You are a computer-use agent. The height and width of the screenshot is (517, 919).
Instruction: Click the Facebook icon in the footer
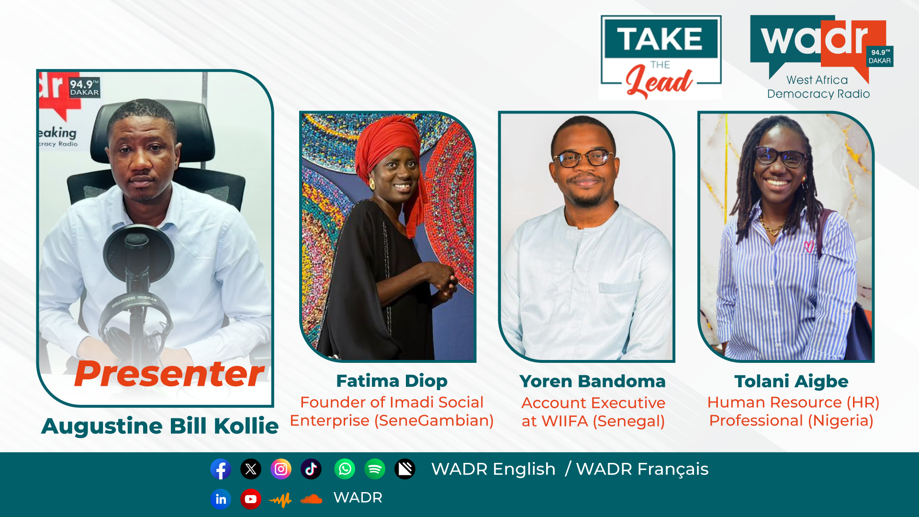click(x=221, y=469)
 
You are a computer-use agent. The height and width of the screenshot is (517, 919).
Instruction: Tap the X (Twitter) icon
click(x=251, y=469)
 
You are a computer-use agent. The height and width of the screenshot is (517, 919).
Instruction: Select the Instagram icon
click(x=281, y=469)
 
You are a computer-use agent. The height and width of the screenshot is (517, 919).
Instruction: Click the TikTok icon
click(x=311, y=469)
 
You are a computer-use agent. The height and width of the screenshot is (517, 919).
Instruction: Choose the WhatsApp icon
click(x=345, y=469)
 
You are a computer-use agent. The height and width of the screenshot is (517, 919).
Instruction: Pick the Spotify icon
click(x=375, y=469)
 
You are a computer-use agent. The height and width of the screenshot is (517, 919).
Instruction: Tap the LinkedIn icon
click(x=221, y=499)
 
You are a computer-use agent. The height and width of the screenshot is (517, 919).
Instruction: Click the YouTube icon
click(x=251, y=499)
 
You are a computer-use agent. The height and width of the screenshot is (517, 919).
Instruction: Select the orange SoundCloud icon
click(x=311, y=499)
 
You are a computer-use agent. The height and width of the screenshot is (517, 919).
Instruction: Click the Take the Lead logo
click(x=661, y=57)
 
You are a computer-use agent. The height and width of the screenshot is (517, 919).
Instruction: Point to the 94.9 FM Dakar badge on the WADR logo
click(x=880, y=56)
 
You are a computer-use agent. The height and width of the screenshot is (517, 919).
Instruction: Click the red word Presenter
click(x=169, y=374)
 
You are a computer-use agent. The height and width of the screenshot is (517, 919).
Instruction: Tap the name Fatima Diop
click(x=392, y=381)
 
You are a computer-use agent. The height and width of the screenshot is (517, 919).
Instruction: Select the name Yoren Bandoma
click(x=593, y=382)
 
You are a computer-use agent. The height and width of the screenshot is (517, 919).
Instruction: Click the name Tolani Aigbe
click(x=791, y=382)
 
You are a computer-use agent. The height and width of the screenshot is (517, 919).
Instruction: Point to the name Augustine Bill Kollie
click(x=160, y=426)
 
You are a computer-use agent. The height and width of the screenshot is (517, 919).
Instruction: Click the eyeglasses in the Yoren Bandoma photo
click(x=583, y=158)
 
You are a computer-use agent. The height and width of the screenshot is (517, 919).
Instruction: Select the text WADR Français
click(x=642, y=470)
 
